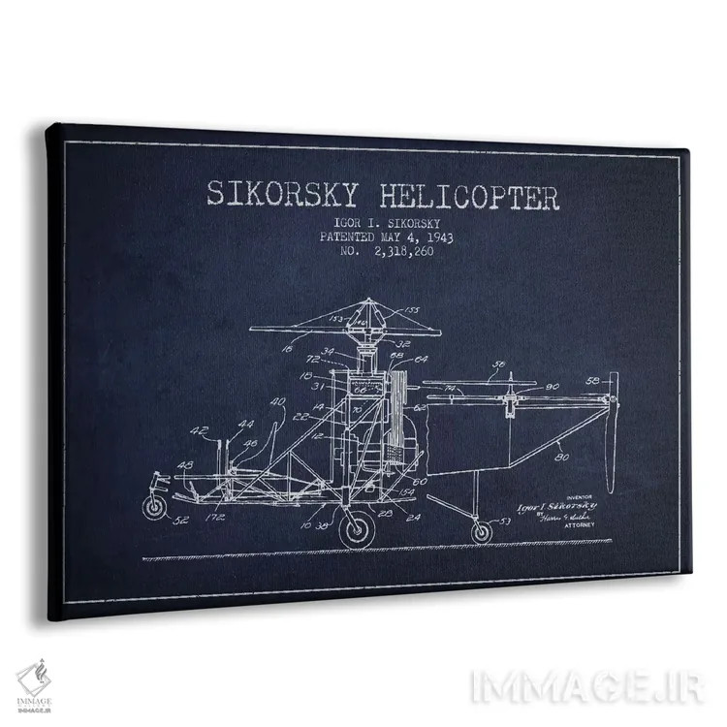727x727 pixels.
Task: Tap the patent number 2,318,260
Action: tap(398, 251)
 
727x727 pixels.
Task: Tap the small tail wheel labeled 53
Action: tap(481, 531)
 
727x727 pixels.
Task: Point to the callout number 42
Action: tap(198, 431)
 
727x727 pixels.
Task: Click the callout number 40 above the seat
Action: tap(278, 401)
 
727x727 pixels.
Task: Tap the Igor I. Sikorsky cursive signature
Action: tap(553, 505)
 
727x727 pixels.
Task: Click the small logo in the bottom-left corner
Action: tap(33, 680)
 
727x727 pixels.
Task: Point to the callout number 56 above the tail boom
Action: tap(500, 365)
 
